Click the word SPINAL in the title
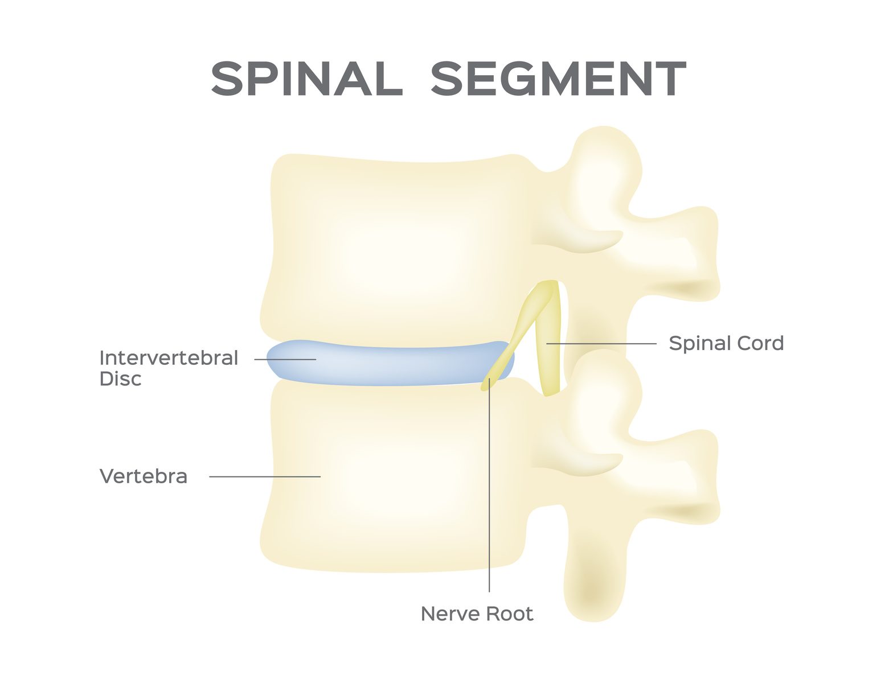(x=307, y=79)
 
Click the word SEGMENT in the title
(x=559, y=79)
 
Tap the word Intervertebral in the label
(x=169, y=358)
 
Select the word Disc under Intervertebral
(x=120, y=379)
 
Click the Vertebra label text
(x=143, y=476)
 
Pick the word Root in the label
(x=509, y=614)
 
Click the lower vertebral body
(x=395, y=476)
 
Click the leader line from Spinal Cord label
(x=601, y=344)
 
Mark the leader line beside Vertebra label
(x=265, y=476)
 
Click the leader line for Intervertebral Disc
(x=285, y=359)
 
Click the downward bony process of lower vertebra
(x=594, y=569)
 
